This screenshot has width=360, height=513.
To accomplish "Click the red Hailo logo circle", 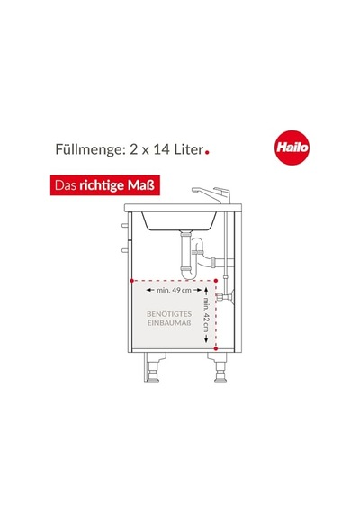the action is tap(292, 148).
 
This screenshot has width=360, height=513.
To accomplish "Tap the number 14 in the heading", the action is tap(162, 149).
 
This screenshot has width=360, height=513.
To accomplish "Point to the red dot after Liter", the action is tap(207, 151).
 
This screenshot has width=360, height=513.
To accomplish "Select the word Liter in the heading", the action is tap(188, 149).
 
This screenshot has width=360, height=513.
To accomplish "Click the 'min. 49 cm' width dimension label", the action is tap(174, 290).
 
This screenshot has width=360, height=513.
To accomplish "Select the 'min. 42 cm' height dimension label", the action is tap(206, 314).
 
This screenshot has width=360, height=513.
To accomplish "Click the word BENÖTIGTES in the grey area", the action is tap(169, 314).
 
